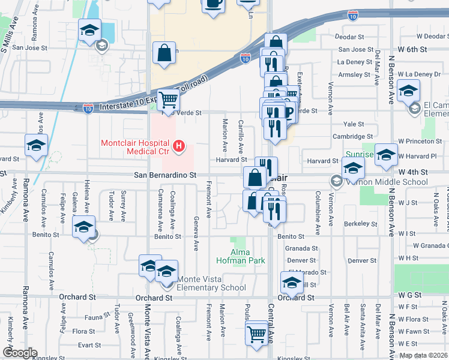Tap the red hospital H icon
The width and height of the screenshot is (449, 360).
178,146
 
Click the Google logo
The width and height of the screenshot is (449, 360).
20,353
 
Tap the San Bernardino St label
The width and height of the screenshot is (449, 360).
164,175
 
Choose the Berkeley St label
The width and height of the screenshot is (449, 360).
360,223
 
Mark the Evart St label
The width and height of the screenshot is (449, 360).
89,345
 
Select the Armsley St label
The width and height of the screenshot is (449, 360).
354,75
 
